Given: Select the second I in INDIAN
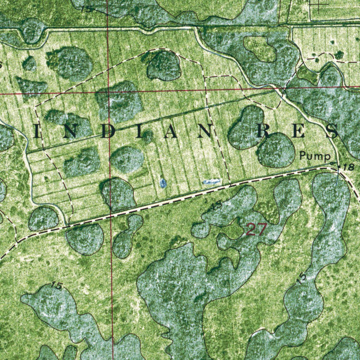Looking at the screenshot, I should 140,132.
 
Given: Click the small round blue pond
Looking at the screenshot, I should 163,182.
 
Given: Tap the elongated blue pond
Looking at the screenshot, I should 212,181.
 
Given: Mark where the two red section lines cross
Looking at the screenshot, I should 108,94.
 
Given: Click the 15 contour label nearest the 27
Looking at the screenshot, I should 217,205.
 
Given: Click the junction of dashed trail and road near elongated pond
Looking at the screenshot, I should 230,185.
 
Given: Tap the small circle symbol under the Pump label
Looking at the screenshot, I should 334,163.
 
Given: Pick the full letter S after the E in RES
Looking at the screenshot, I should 332,131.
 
